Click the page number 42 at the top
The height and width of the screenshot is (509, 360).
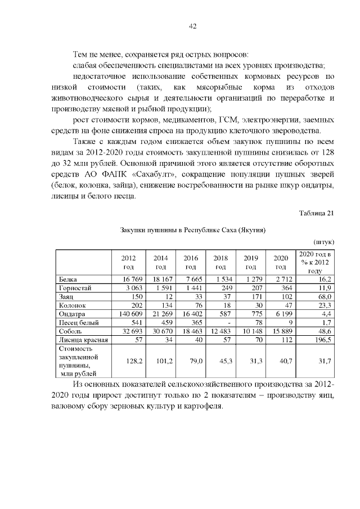(192, 26)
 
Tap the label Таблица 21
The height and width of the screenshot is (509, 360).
(317, 213)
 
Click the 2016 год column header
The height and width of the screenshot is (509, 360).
(191, 262)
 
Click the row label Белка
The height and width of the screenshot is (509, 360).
(68, 279)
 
